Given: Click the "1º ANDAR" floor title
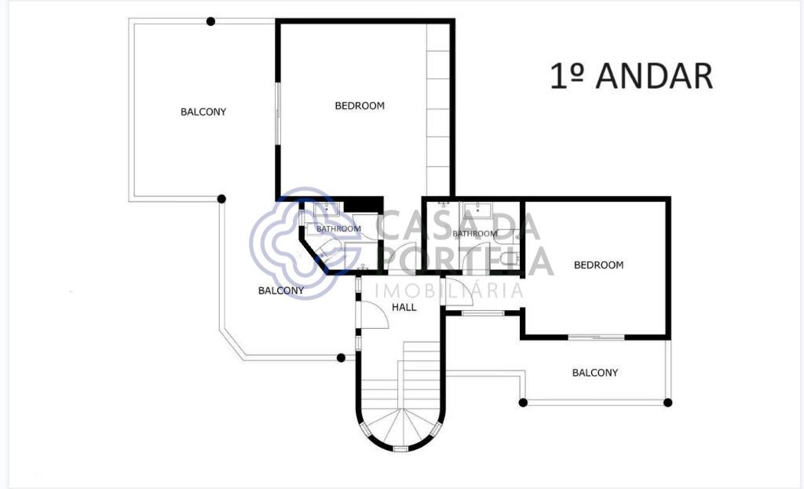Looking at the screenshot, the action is point(631,76).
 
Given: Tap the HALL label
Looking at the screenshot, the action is point(404,307).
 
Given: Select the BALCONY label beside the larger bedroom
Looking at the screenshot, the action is point(203,111).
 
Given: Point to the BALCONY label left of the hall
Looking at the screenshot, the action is point(281,290).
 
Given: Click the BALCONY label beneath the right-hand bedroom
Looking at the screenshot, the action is point(595,372).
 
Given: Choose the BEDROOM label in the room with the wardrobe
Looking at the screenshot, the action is point(360,106).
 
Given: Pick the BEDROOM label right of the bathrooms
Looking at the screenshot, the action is point(598,265).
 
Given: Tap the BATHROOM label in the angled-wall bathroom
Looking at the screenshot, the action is point(338,228).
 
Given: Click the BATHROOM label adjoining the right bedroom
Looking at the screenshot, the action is point(475,233).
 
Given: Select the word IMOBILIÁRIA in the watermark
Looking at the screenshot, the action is point(449,290).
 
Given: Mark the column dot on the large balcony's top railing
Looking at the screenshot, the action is point(210,21).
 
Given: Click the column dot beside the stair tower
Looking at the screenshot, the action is point(341,358).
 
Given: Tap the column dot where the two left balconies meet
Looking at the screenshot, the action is point(221,199).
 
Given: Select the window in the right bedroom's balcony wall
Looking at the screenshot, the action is point(596,337).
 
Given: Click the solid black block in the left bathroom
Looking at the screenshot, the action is point(363,205).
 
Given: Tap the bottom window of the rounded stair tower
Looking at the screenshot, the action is point(400,448).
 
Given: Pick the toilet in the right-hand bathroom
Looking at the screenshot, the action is point(510,257).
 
